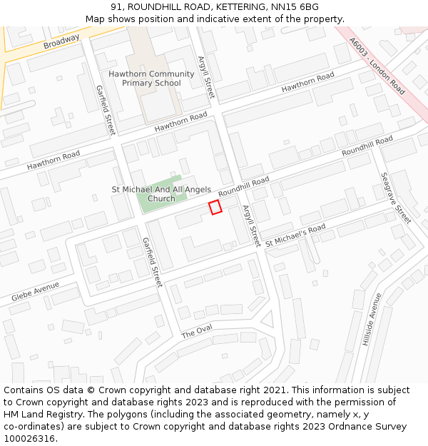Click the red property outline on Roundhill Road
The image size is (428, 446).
click(215, 207)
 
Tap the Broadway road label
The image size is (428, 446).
click(61, 42)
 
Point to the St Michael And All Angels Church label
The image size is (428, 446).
click(161, 193)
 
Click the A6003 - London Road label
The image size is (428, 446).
click(378, 66)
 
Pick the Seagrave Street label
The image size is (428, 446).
click(396, 198)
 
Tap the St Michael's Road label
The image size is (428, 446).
click(295, 236)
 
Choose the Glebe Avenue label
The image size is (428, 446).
click(35, 291)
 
